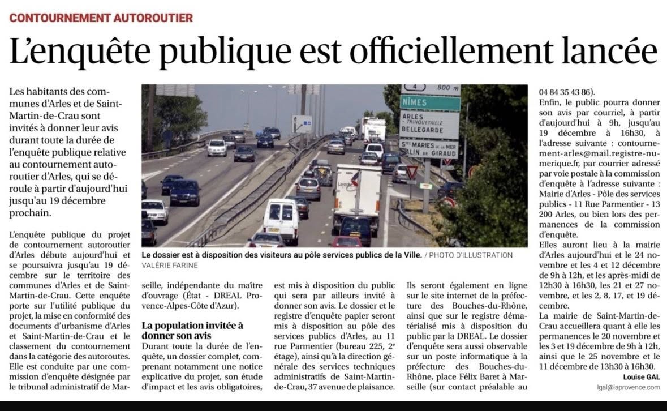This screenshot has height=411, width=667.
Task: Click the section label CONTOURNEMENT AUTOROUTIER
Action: click(101, 18)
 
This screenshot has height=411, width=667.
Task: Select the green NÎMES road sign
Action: click(429, 102)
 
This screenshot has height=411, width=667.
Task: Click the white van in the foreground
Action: click(281, 220)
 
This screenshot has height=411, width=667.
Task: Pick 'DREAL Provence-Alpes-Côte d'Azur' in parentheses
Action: click(192, 301)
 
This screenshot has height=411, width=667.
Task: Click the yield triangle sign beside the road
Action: click(412, 171)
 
